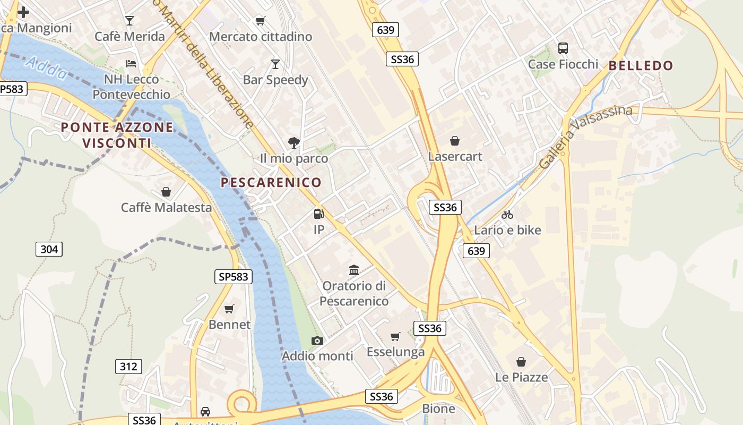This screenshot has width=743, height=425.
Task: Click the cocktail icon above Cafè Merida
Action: (129, 21)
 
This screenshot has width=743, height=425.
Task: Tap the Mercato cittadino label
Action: (261, 37)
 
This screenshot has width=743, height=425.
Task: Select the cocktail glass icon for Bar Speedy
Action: (275, 64)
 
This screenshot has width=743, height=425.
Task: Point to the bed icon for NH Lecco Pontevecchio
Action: (131, 64)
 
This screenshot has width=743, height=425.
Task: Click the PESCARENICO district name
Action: (271, 183)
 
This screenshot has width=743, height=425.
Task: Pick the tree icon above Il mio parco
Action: (293, 142)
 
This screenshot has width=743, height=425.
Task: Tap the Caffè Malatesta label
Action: (166, 207)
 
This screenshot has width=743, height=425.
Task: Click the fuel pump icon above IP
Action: (318, 214)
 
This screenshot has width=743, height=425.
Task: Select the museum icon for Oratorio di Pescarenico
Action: (354, 270)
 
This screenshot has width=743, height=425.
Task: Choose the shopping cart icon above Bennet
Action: (229, 309)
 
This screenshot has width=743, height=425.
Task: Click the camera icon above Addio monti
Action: (317, 341)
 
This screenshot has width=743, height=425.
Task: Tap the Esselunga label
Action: (395, 352)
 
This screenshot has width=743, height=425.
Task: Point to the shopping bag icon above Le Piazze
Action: (521, 362)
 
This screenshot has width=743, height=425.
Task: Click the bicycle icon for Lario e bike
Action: (507, 215)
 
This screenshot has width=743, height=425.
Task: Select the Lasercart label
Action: (455, 157)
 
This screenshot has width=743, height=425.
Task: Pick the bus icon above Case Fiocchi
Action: (563, 48)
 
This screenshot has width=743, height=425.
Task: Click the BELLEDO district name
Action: (641, 66)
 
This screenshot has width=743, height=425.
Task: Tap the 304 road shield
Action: (49, 249)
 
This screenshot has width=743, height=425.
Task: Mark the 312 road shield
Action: (128, 366)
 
